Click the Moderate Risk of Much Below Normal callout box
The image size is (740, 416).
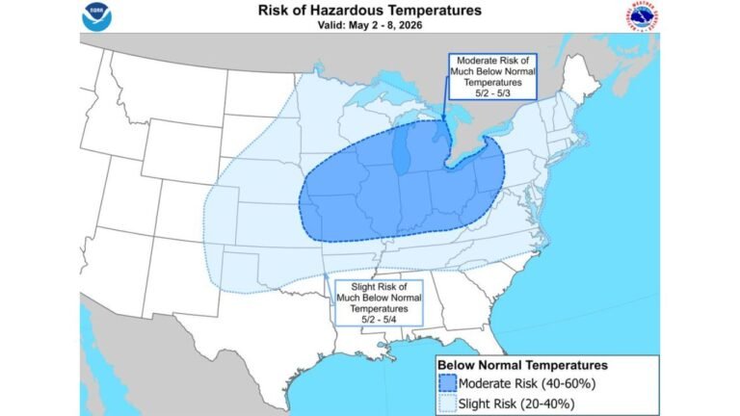(x=493, y=77)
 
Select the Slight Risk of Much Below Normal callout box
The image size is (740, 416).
(x=379, y=301)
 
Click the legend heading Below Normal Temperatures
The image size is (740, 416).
(x=522, y=365)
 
